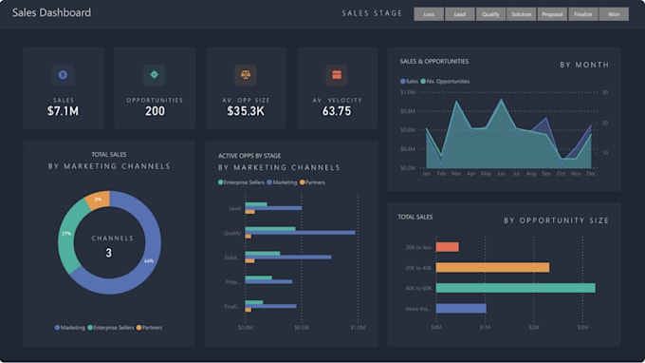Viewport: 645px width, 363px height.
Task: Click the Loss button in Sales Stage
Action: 429,14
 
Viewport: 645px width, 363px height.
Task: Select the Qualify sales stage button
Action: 490,14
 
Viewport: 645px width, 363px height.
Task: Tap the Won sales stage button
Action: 614,14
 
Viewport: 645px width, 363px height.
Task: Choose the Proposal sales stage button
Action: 552,14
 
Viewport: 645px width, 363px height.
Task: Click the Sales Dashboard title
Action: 51,13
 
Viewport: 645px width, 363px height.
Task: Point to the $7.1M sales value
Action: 63,111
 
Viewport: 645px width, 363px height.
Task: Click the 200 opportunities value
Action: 155,111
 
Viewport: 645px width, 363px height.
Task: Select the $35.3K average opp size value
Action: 246,111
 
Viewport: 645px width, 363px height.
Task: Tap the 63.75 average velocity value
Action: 337,111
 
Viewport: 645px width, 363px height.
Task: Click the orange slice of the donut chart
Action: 98,201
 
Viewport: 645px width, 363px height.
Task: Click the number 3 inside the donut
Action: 108,253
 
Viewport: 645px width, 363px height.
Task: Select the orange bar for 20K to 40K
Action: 492,267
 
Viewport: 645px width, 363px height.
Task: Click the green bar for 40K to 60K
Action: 515,287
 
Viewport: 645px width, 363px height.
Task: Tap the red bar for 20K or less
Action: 447,247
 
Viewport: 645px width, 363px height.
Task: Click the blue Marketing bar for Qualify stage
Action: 300,232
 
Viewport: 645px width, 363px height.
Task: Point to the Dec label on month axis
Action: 591,174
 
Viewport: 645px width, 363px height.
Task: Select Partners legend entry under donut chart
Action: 150,327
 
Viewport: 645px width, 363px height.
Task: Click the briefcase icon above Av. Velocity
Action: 337,75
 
